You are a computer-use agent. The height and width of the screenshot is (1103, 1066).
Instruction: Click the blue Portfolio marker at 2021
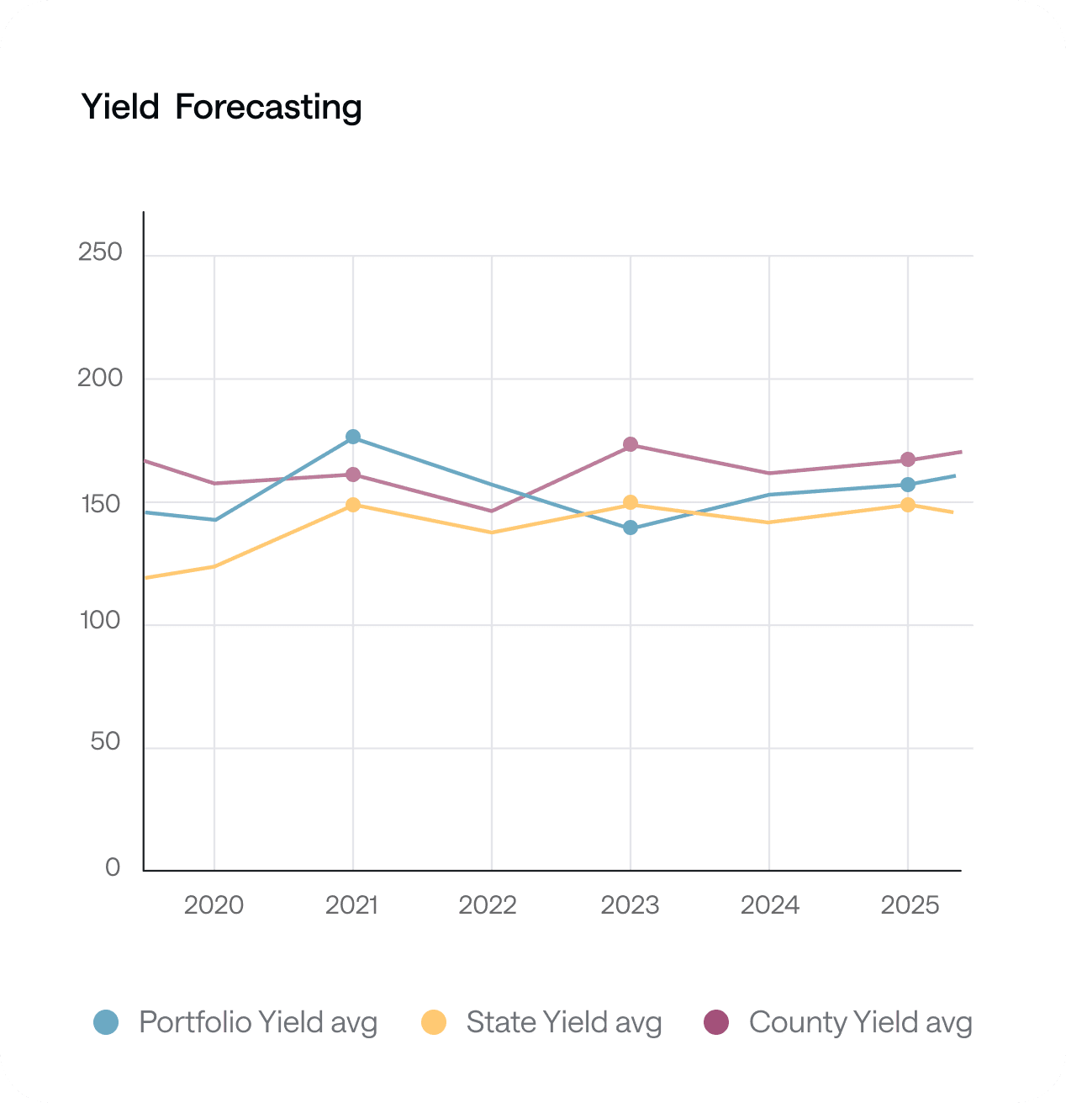click(353, 437)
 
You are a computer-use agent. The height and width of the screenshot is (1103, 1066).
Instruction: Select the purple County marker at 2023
click(631, 444)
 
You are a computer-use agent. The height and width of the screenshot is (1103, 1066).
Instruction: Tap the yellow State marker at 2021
click(353, 505)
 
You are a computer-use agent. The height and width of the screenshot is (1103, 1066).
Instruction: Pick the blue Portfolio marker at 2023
click(631, 528)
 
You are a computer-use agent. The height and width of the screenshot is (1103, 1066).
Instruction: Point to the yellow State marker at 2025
click(908, 505)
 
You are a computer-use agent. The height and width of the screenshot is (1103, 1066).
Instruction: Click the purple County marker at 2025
click(908, 459)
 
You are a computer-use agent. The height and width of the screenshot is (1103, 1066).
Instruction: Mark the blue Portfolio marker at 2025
click(908, 485)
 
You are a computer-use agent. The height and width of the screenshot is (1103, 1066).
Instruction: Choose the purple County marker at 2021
click(353, 475)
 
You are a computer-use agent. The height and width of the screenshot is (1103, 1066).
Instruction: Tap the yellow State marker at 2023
click(631, 503)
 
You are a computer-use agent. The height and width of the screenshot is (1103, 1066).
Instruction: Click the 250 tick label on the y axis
click(100, 252)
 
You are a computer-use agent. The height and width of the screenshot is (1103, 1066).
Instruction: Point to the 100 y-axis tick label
click(100, 621)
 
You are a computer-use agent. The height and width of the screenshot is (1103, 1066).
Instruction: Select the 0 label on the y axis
click(113, 867)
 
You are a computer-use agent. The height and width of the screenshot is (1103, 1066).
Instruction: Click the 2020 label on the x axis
click(214, 905)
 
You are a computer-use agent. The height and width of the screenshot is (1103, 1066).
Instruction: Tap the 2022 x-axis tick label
click(488, 905)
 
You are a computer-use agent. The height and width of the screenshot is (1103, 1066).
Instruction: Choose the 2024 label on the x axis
click(769, 905)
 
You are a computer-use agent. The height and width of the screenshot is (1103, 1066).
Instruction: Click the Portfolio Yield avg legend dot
click(106, 1022)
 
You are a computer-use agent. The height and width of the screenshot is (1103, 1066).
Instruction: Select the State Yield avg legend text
click(564, 1022)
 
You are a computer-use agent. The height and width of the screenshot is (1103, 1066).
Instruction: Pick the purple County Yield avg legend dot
click(716, 1022)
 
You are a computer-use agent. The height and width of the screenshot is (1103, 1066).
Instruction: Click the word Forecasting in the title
click(268, 108)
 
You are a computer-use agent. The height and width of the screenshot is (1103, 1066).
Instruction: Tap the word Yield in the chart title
click(120, 108)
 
